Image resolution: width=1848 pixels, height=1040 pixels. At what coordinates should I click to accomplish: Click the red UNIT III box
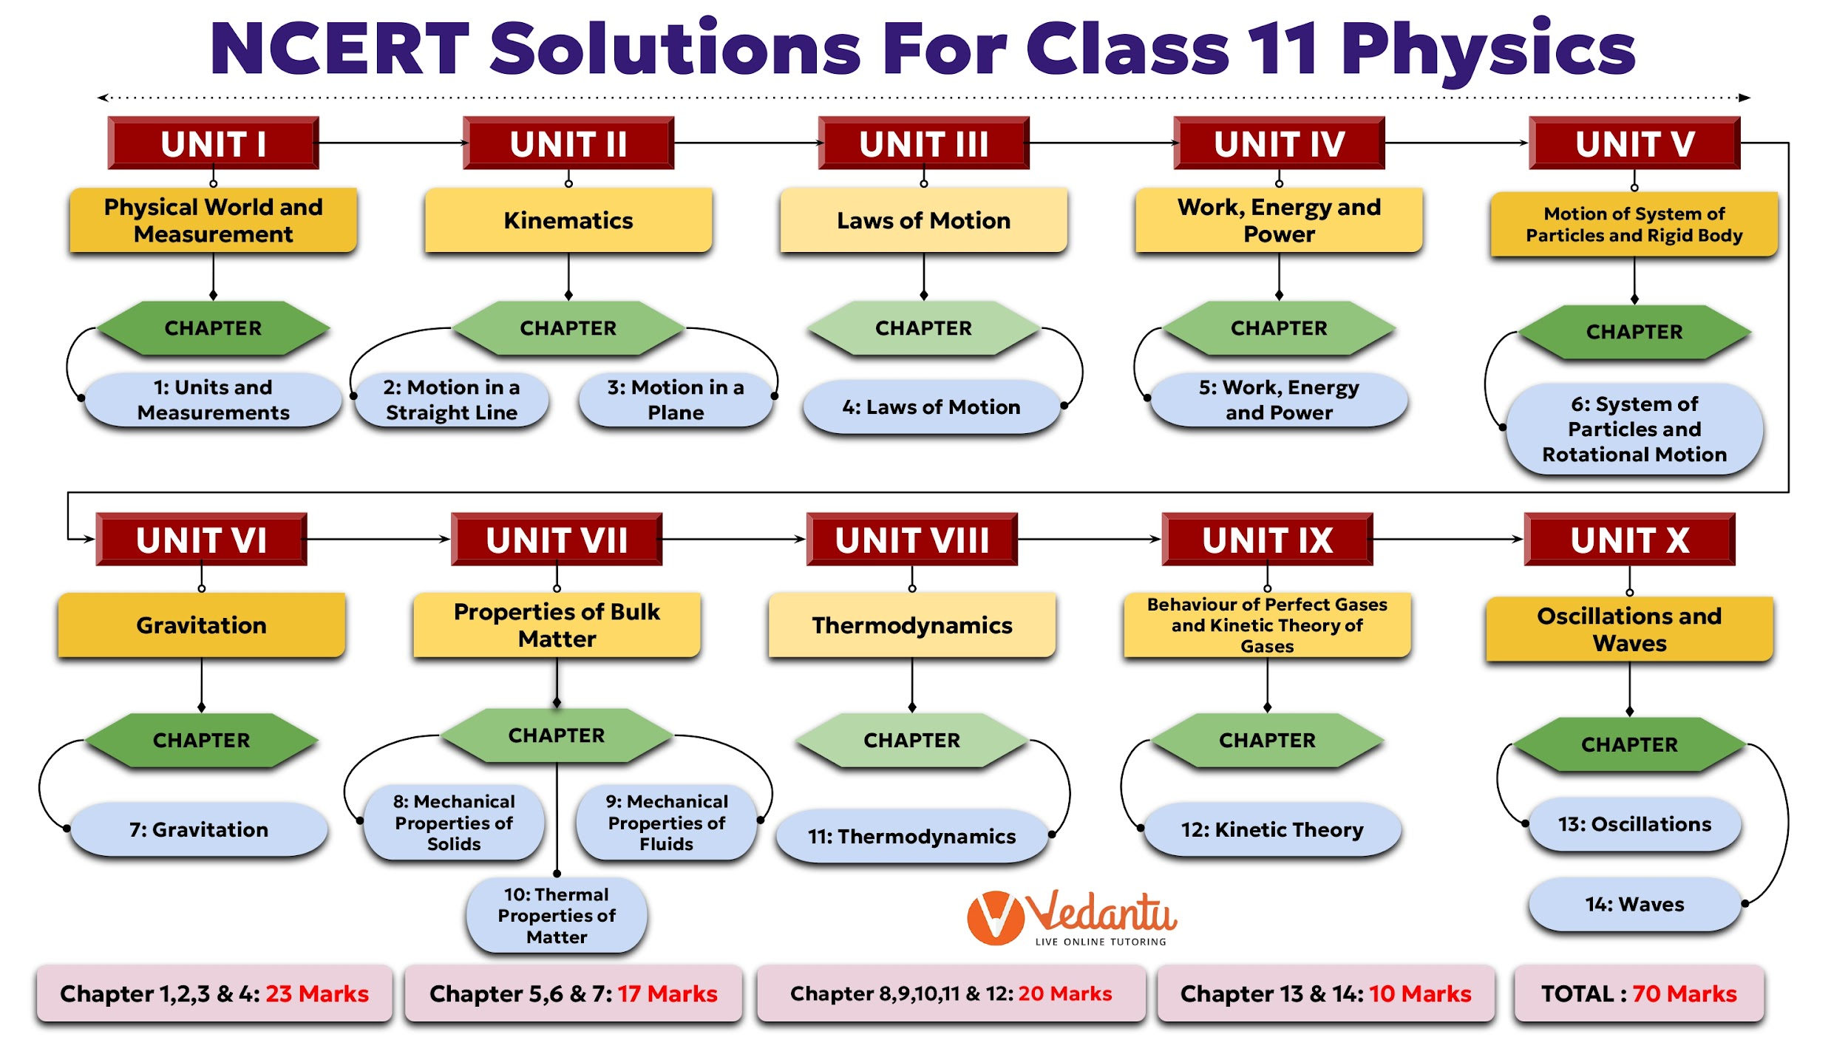tap(923, 143)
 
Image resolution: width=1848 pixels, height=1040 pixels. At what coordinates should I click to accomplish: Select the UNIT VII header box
tap(557, 540)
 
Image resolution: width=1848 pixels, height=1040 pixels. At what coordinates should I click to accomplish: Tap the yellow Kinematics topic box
tap(568, 220)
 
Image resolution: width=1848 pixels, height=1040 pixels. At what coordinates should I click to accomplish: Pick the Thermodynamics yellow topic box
tap(912, 625)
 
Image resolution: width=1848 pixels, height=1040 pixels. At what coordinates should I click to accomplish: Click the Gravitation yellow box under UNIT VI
tap(201, 625)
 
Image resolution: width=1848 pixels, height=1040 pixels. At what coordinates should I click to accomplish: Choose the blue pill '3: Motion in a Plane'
tap(676, 400)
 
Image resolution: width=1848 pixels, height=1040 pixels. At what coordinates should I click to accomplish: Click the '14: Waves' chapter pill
tap(1634, 904)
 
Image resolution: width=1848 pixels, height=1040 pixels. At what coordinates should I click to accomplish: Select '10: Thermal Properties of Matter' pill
tap(557, 916)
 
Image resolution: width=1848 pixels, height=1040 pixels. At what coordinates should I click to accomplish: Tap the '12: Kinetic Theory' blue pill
tap(1272, 829)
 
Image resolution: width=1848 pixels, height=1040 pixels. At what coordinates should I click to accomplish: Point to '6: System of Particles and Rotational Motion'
tap(1634, 429)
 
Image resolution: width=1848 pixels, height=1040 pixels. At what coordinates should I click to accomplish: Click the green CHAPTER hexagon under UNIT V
tap(1634, 332)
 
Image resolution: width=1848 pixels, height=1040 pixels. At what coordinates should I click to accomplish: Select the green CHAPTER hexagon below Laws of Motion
tap(923, 328)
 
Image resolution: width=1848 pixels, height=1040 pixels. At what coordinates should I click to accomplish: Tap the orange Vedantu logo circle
tap(996, 918)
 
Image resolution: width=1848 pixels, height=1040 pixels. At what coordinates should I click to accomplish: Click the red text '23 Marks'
tap(317, 994)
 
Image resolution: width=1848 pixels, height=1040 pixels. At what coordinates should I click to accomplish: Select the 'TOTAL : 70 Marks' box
tap(1639, 994)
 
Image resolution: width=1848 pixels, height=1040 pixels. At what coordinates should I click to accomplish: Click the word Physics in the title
tap(1487, 49)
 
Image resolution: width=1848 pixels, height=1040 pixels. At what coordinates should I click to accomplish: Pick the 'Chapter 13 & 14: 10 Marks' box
tap(1325, 994)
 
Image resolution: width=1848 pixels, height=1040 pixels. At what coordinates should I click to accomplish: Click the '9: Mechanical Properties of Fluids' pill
tap(667, 823)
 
